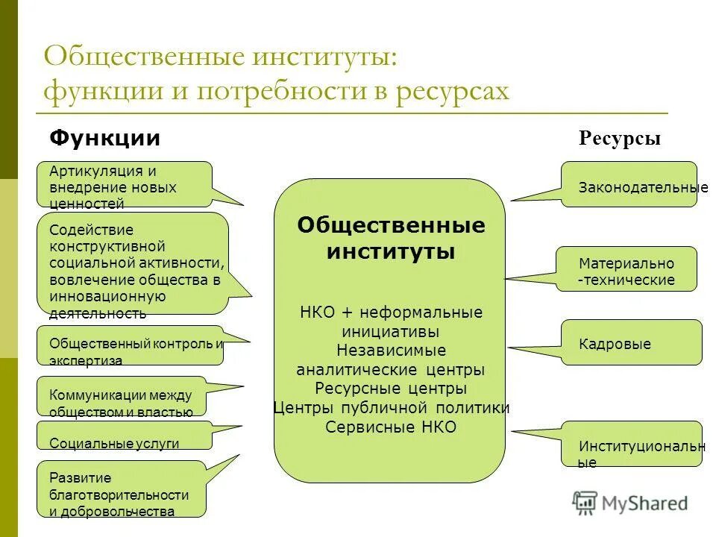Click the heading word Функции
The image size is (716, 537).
coord(104,138)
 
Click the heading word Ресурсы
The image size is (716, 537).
coord(619,139)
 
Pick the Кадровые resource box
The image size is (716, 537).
coord(631,343)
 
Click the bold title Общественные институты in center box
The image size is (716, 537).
coord(391,238)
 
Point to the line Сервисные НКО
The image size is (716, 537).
coord(391,427)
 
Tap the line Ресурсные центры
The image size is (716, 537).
coord(391,389)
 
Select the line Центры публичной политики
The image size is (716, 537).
coord(391,408)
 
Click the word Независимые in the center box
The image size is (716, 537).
coord(391,351)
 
